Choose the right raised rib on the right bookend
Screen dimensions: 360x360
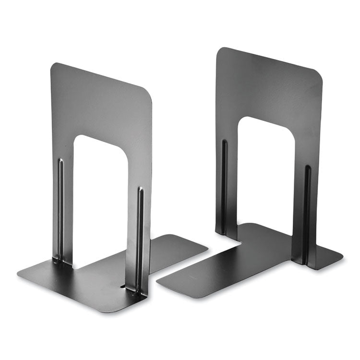click(x=307, y=211)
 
